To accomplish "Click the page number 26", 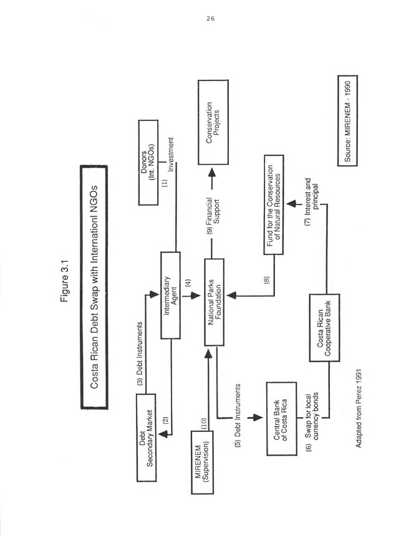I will tap(210, 19).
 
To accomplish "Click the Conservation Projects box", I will tap(213, 122).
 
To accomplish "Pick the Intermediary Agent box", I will tap(170, 295).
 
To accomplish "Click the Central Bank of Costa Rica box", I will tap(279, 415).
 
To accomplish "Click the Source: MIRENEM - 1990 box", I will tap(350, 120).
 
